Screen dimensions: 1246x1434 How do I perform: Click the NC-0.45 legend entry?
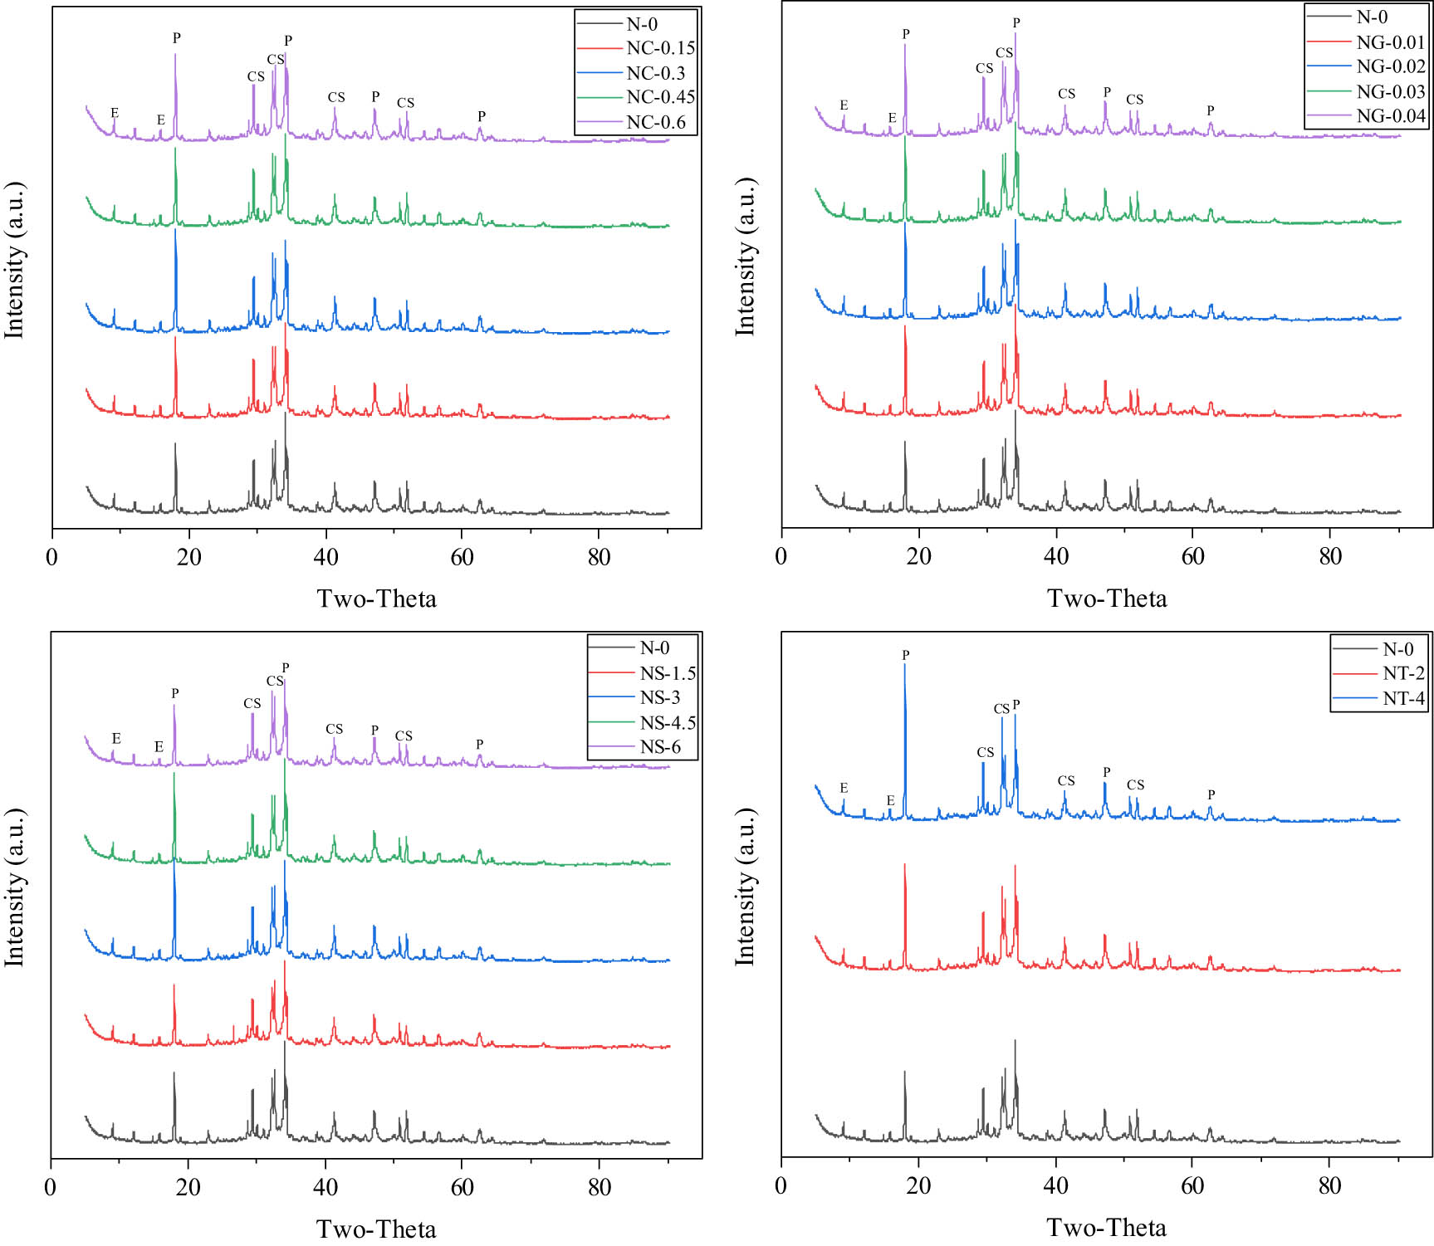(660, 97)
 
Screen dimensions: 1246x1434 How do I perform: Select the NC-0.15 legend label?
(660, 48)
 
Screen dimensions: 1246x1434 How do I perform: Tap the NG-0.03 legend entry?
(1391, 91)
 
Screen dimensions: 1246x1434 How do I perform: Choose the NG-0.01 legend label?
(1391, 42)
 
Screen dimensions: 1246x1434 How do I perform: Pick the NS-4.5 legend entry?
(667, 722)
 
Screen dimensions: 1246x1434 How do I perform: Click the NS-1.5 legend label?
(667, 673)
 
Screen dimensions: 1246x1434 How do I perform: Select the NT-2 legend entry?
(1403, 673)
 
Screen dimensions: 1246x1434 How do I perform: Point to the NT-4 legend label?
(1403, 698)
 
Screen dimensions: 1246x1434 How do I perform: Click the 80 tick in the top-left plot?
(599, 557)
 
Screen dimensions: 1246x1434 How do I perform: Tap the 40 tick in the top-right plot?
(1056, 556)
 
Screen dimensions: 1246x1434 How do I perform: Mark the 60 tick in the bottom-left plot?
(462, 1187)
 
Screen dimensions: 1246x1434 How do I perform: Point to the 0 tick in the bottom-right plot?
(781, 1185)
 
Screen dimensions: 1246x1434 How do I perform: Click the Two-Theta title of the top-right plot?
(1107, 599)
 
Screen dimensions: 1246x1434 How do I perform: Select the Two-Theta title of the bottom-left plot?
(376, 1229)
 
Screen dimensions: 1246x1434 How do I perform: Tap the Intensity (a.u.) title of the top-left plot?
(14, 259)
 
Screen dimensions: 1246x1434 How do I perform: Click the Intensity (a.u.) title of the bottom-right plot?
(745, 887)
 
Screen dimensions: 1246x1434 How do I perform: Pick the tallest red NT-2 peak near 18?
(904, 866)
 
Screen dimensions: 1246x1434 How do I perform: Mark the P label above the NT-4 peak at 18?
(905, 655)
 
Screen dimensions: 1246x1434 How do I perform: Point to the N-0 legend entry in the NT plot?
(1397, 649)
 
